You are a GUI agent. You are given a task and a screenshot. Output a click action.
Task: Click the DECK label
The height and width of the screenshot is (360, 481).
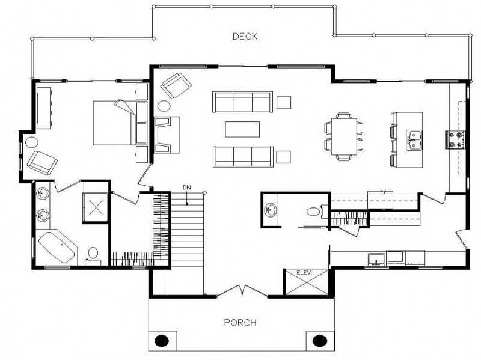(x=245, y=37)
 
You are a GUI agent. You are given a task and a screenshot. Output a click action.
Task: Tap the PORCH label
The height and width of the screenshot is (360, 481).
(x=240, y=323)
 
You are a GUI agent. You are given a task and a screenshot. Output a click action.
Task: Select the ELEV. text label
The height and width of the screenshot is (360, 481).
(x=305, y=273)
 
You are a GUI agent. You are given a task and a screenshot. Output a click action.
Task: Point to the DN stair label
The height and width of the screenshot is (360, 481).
(x=187, y=188)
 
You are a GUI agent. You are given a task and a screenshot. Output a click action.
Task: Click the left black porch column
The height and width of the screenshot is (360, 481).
(x=162, y=340)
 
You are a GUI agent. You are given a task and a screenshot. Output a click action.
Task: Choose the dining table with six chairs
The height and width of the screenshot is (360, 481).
(x=344, y=136)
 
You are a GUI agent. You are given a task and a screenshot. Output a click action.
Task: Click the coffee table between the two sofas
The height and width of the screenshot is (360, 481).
(x=242, y=129)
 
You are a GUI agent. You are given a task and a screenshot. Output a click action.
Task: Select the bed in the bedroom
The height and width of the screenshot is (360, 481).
(x=114, y=123)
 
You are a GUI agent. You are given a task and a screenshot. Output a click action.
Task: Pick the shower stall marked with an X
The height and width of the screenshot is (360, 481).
(x=96, y=207)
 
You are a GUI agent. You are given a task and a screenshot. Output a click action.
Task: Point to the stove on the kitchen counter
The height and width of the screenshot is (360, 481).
(x=456, y=139)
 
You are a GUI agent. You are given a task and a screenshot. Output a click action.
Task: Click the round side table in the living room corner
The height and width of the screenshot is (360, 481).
(x=164, y=106)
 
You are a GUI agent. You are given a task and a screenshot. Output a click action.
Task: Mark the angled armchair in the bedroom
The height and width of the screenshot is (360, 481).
(x=42, y=160)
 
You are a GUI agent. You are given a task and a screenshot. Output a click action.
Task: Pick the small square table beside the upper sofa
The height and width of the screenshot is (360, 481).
(x=283, y=102)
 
